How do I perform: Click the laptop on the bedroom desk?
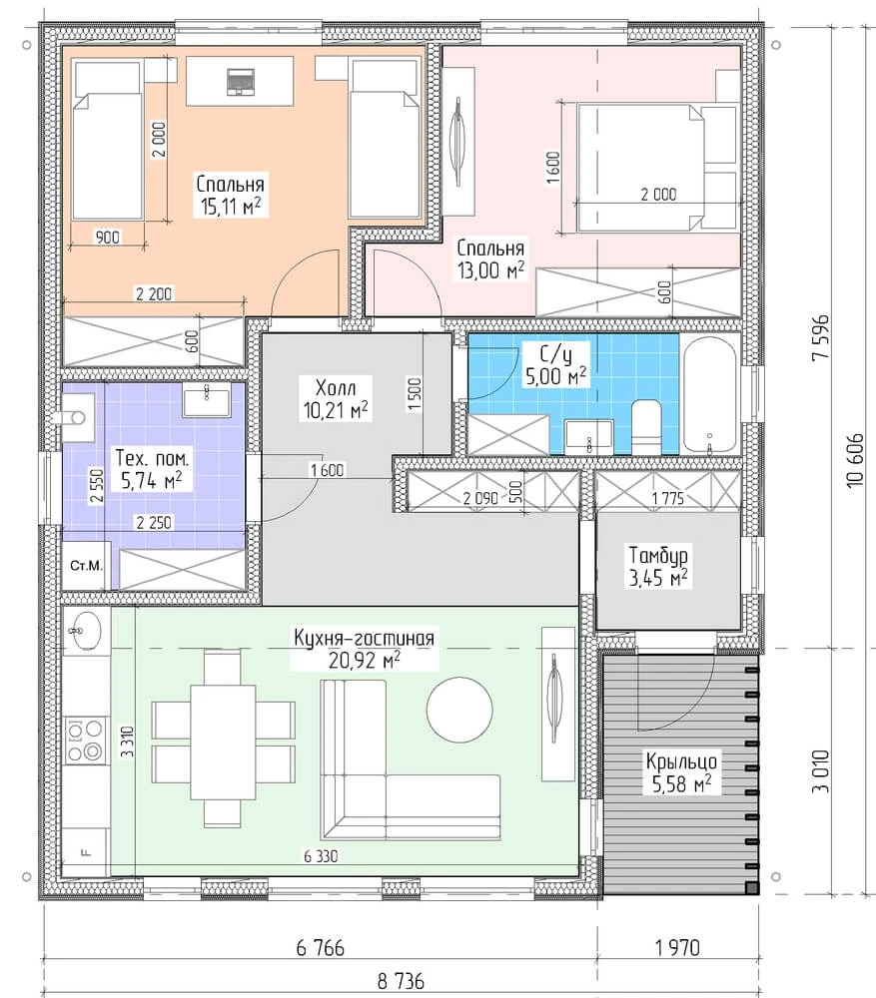[x=240, y=81]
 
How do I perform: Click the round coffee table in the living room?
[x=459, y=709]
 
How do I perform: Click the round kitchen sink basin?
[x=84, y=630]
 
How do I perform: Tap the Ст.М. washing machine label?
[x=86, y=565]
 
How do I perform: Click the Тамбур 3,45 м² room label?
[x=658, y=567]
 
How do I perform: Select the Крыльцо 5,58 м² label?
[x=681, y=772]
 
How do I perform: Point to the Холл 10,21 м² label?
[x=336, y=399]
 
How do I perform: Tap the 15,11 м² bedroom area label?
[x=231, y=206]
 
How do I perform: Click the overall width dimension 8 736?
[x=401, y=981]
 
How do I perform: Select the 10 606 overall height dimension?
[x=856, y=460]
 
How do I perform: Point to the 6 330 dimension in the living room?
[x=321, y=856]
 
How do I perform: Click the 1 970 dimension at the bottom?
[x=677, y=948]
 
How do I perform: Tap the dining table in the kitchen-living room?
[x=223, y=739]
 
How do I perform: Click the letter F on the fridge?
[x=85, y=853]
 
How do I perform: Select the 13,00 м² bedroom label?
[x=490, y=270]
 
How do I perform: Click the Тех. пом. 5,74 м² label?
[x=152, y=470]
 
